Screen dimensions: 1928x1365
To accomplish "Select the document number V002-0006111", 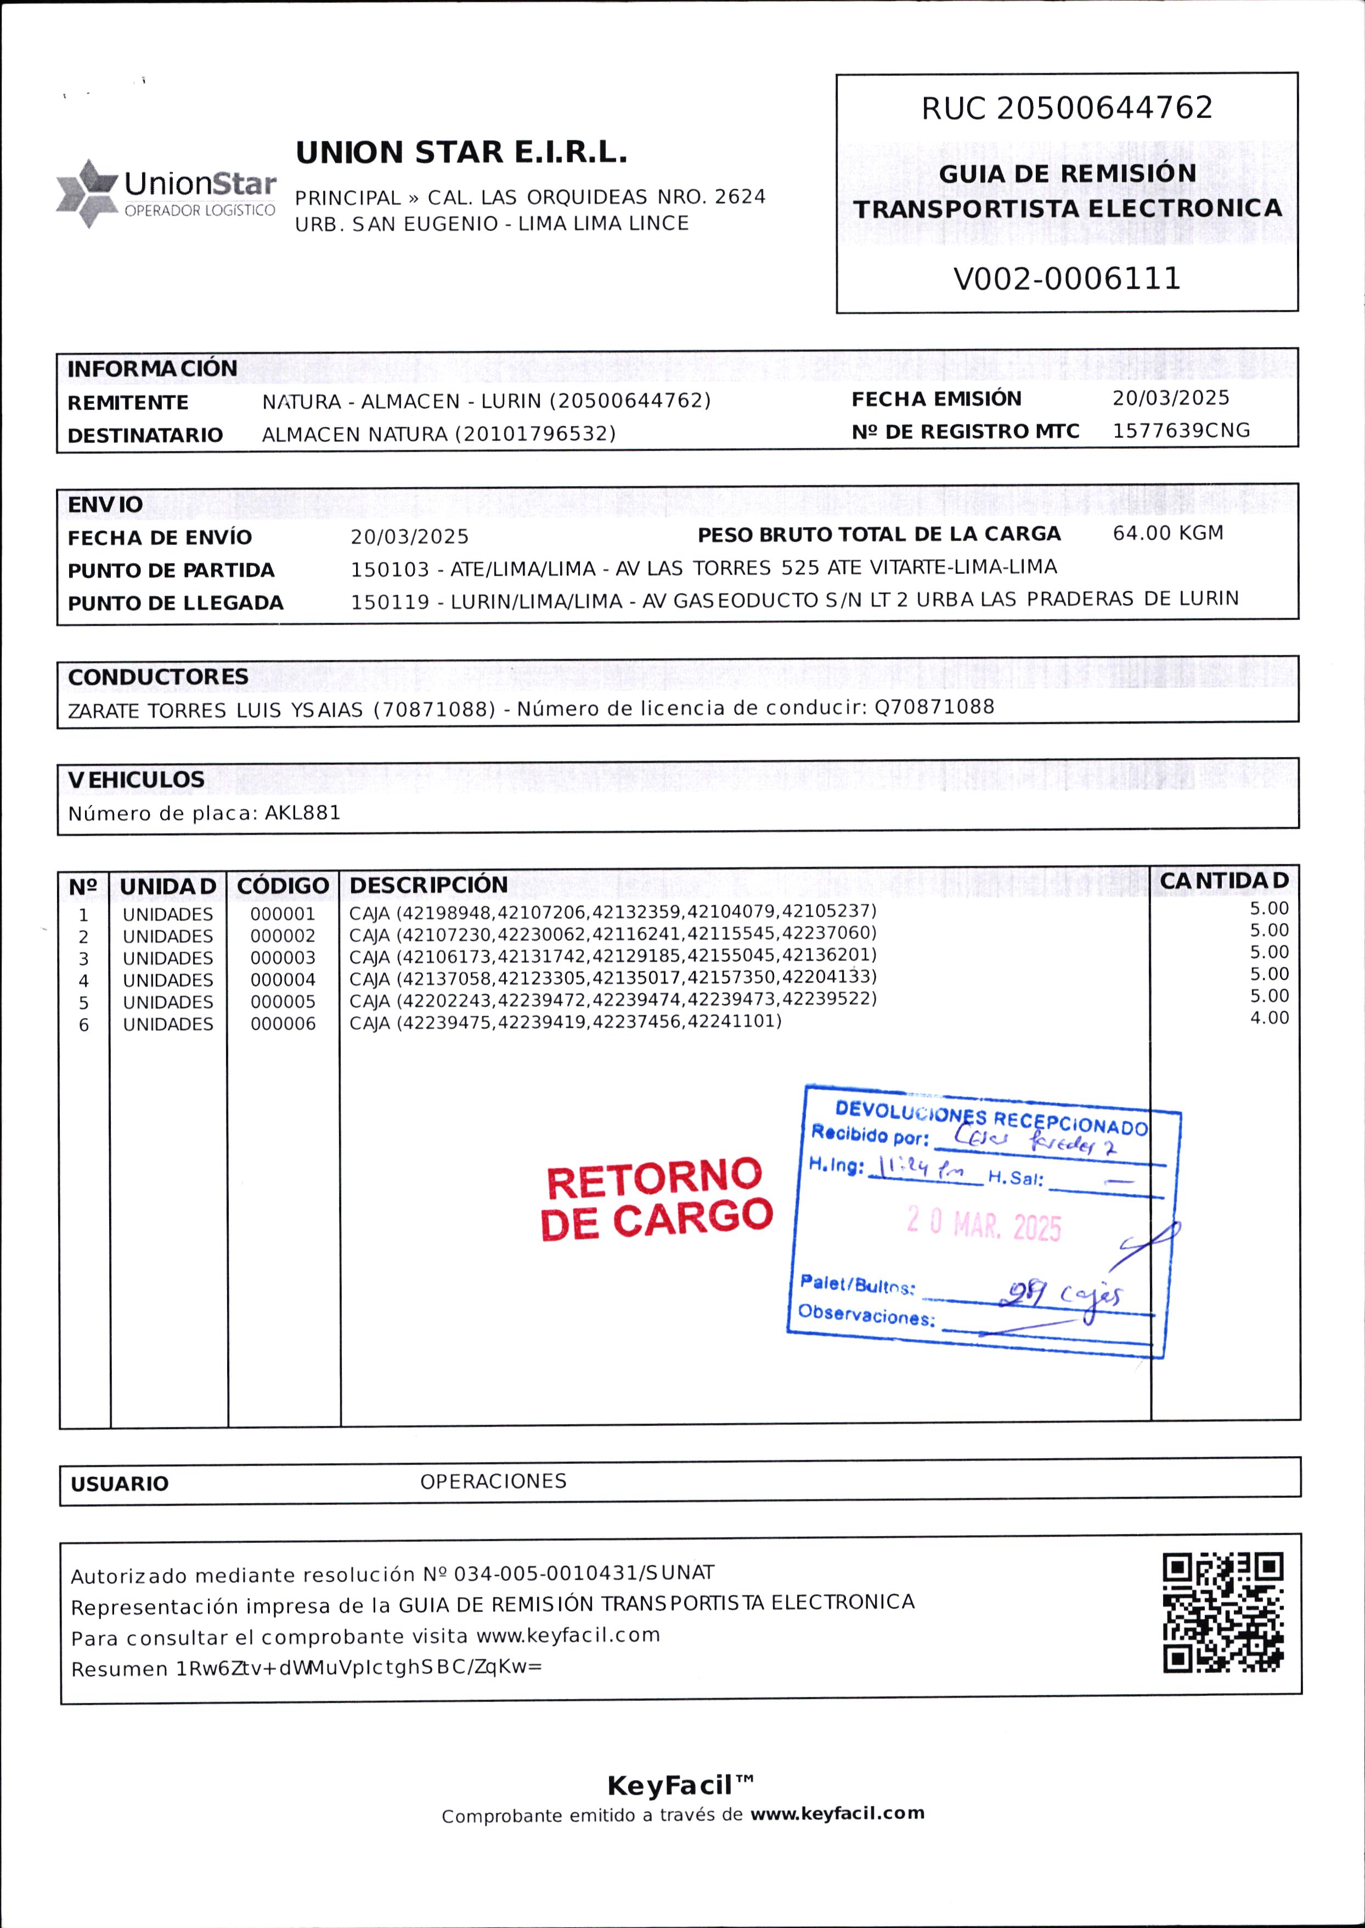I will (1067, 278).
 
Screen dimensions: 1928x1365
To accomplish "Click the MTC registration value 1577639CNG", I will (1181, 430).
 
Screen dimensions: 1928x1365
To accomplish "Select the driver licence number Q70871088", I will (934, 707).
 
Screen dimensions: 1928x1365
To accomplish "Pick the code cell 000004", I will (283, 980).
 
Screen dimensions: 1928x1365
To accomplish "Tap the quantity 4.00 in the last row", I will (1269, 1018).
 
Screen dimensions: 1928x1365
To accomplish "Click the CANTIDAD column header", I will (1224, 880).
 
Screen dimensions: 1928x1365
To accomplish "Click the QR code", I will (1223, 1612).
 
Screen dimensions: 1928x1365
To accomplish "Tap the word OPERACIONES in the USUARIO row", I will (493, 1481).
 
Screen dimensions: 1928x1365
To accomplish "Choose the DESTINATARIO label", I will (145, 435).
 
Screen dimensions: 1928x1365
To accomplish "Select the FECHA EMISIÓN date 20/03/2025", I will (1170, 398).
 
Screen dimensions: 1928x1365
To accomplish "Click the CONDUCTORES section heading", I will (158, 677).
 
